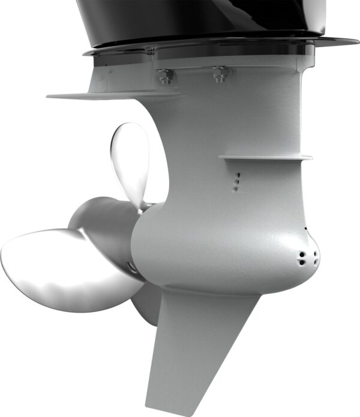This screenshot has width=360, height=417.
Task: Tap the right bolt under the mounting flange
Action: pos(219,75)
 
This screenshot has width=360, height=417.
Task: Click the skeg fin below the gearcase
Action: pos(192,348)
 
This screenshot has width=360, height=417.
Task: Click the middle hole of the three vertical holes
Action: pos(237,181)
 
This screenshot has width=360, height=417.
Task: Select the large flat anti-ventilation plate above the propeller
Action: pos(114,95)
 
